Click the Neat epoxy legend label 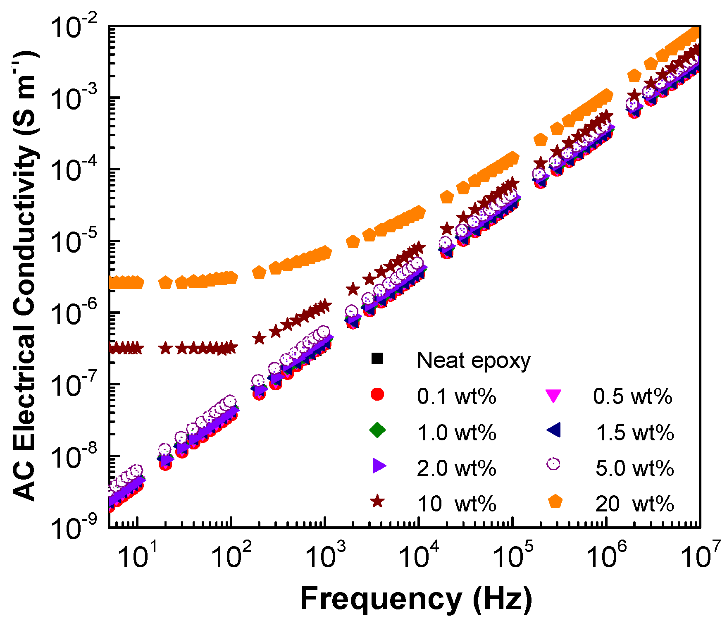(x=473, y=361)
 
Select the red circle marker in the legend (x=377, y=394)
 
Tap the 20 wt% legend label (x=634, y=504)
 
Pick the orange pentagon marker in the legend (x=555, y=502)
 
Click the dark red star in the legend (x=377, y=502)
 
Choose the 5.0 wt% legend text (x=634, y=468)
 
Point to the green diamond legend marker (x=377, y=430)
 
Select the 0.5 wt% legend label (x=632, y=396)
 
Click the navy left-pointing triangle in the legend (x=553, y=430)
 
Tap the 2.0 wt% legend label (x=456, y=468)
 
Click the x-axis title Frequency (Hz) (x=416, y=598)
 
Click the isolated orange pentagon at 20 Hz (x=165, y=283)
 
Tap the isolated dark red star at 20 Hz (x=165, y=349)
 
